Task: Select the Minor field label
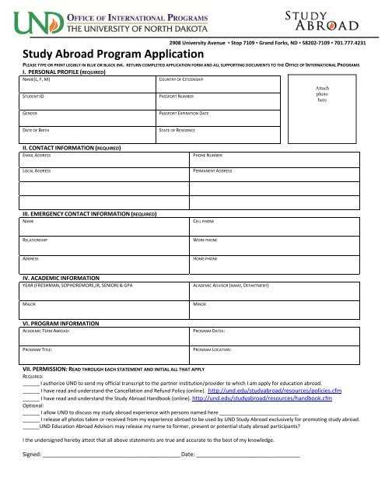coord(199,306)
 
